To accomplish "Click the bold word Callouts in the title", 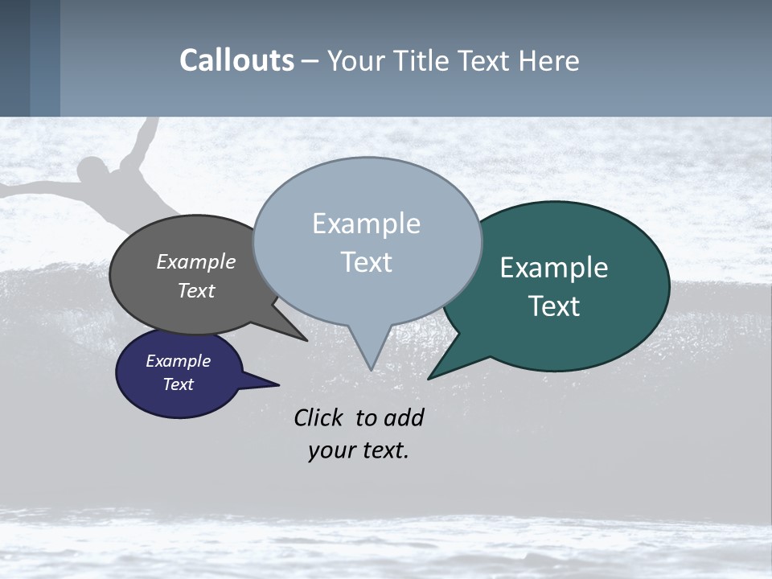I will [236, 61].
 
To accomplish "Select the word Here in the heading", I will [545, 61].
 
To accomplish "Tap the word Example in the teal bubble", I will [554, 268].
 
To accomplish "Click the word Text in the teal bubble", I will [554, 306].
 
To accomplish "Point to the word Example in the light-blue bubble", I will [366, 224].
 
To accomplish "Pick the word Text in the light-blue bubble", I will [366, 262].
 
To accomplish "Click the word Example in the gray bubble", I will [195, 261].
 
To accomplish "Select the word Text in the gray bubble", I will [195, 290].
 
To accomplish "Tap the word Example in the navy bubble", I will [178, 361].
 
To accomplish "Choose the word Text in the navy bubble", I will [178, 384].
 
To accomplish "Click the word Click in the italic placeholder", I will [318, 417].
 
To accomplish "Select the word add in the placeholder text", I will [403, 417].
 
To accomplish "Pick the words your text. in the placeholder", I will [358, 450].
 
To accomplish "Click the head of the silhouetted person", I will [93, 172].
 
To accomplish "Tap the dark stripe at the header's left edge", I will [14, 58].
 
